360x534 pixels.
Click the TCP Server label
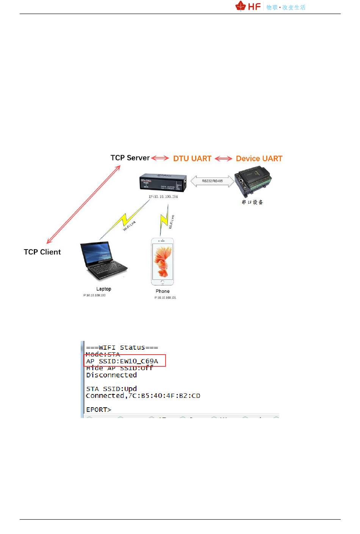(x=130, y=158)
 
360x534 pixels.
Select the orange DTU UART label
(x=192, y=159)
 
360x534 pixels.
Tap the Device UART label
(x=259, y=159)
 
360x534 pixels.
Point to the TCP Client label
(x=42, y=252)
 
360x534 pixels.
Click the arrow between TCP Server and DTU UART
(x=160, y=158)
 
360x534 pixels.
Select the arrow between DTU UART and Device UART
(x=224, y=159)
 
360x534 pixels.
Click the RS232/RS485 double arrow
(x=212, y=181)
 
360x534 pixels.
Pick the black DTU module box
(x=163, y=182)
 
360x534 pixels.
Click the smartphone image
(x=162, y=262)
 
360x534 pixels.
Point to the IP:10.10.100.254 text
(x=163, y=197)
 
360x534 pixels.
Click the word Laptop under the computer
(x=103, y=289)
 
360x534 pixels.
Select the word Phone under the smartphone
(x=163, y=291)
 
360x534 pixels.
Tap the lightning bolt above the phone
(x=164, y=219)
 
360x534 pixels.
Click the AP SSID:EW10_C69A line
(x=122, y=361)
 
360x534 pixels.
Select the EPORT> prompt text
(x=99, y=410)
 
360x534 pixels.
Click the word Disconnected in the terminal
(x=111, y=375)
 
